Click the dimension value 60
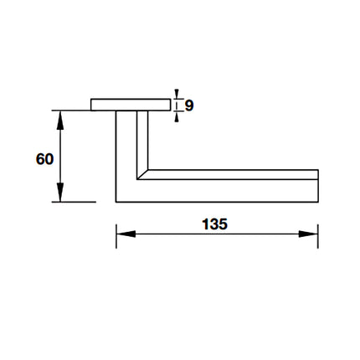[x=44, y=157]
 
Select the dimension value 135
[x=215, y=224]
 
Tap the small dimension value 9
[x=189, y=105]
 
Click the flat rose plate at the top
[x=130, y=105]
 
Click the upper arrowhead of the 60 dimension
[x=60, y=116]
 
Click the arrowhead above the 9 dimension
[x=177, y=93]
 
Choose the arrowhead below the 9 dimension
[x=177, y=116]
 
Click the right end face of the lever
[x=318, y=185]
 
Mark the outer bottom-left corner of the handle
[x=116, y=201]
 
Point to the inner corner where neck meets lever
[x=148, y=169]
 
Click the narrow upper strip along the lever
[x=234, y=174]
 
